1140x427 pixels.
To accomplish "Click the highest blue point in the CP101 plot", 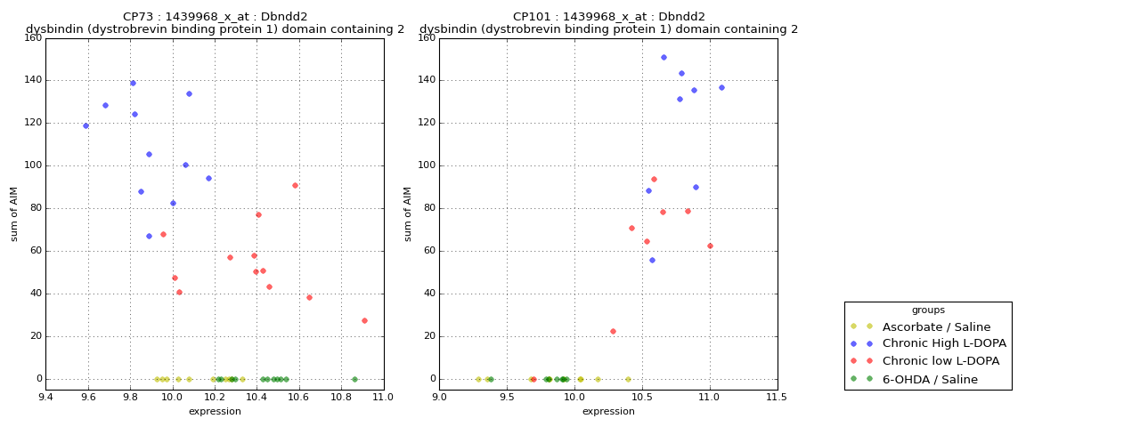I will [664, 57].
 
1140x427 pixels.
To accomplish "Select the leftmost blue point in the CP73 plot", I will [85, 125].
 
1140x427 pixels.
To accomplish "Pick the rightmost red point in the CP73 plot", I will [364, 320].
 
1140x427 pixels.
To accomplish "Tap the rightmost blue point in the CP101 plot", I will [721, 87].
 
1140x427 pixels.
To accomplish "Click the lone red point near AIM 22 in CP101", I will [613, 331].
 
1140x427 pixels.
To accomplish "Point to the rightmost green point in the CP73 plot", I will [354, 379].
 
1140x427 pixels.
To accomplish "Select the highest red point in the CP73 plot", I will [295, 185].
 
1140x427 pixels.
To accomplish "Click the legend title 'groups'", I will [927, 310].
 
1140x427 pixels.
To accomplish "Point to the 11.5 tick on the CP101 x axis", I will [777, 397].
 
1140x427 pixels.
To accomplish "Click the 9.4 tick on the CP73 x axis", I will [45, 397].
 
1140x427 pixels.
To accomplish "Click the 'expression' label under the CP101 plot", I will [608, 411].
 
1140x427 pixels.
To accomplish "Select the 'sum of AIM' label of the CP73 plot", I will [14, 213].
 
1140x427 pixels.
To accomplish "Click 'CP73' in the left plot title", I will [139, 17].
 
